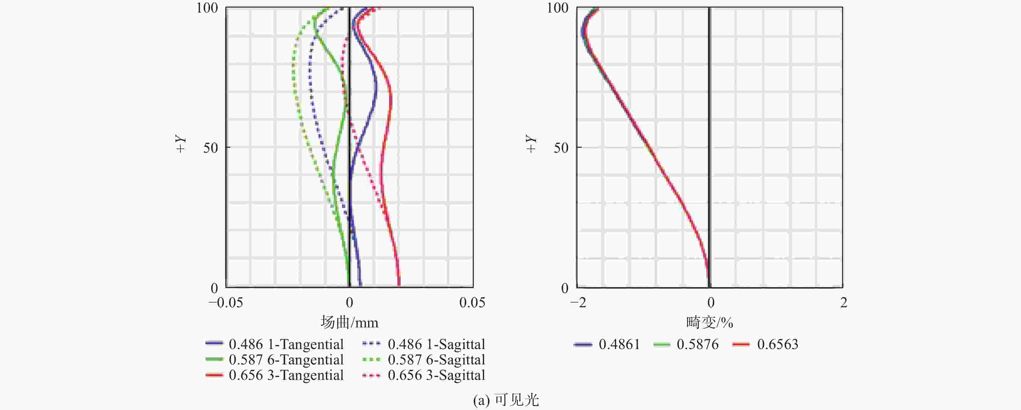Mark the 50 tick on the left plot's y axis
click(211, 148)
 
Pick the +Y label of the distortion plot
click(531, 143)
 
